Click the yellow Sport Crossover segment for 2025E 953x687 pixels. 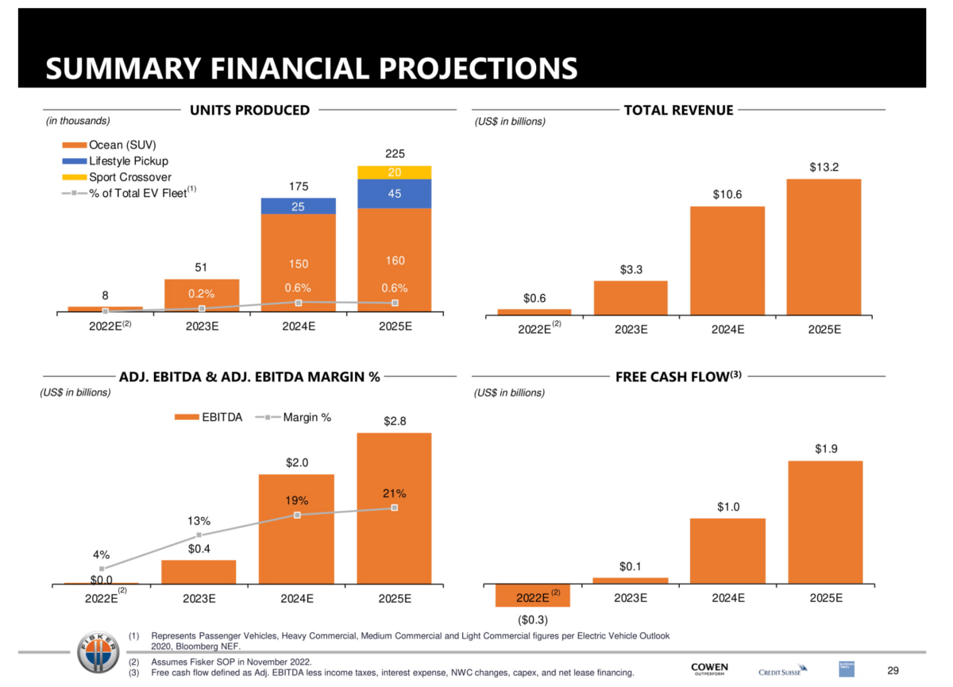point(395,172)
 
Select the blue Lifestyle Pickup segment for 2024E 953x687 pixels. point(299,206)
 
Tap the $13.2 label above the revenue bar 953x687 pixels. point(824,167)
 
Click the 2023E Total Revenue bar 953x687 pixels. point(631,299)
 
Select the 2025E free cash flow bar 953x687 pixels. point(826,523)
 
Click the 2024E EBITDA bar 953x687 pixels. point(297,529)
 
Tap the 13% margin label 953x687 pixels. point(199,521)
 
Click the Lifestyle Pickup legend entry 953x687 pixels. point(127,161)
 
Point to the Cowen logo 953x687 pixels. point(709,669)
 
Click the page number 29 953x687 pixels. point(893,671)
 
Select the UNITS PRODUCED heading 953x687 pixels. point(249,110)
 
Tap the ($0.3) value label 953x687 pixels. point(534,618)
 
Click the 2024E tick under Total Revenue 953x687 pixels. point(727,330)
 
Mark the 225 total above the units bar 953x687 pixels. point(395,155)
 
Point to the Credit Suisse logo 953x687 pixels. point(782,671)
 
